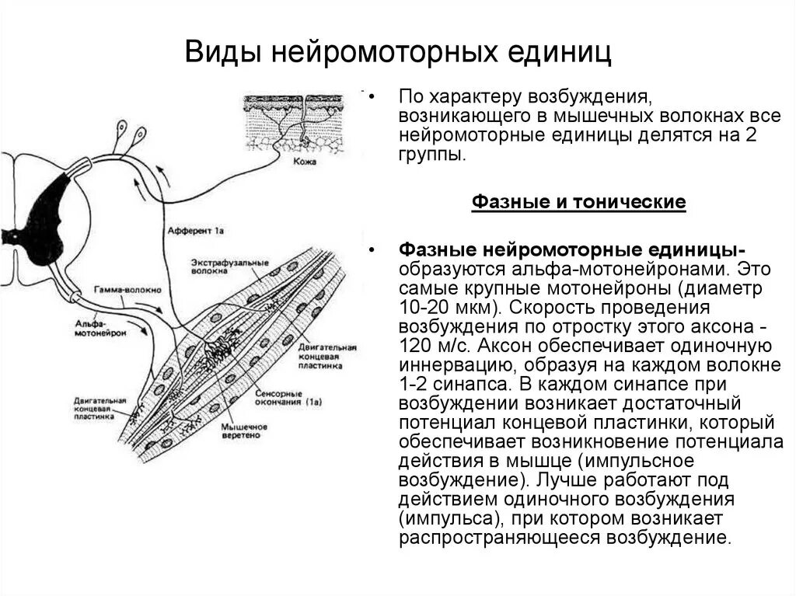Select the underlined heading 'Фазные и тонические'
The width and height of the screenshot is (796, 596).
coord(579,203)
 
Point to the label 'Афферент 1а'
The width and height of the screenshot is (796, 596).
coord(196,231)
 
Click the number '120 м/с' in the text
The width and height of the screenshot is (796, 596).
coord(425,345)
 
